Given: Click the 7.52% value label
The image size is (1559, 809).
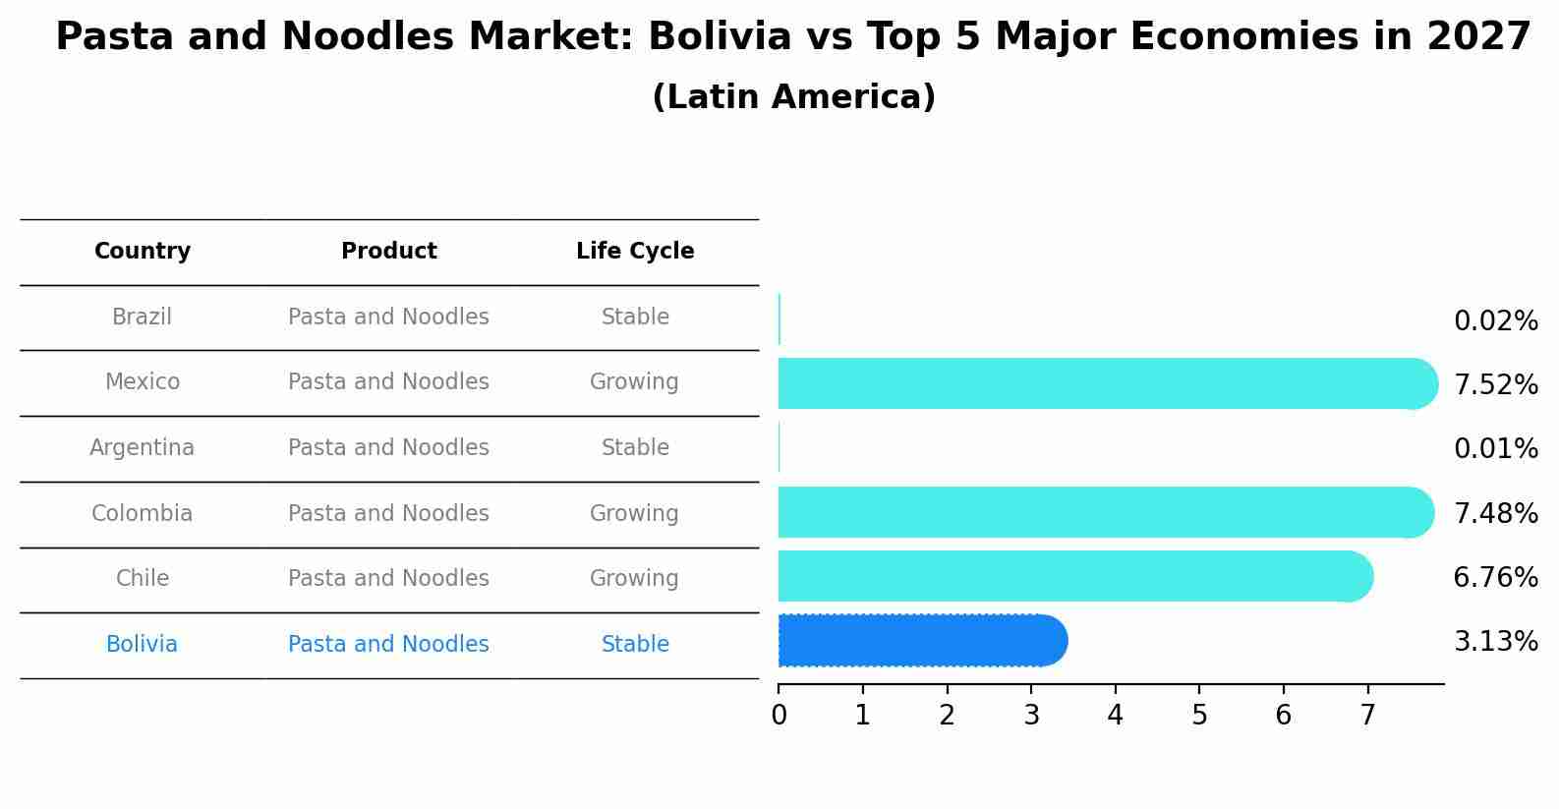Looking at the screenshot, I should pyautogui.click(x=1495, y=385).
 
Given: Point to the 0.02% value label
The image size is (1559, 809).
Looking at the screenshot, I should pyautogui.click(x=1495, y=321).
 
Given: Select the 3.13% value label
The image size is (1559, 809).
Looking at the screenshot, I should pyautogui.click(x=1495, y=642).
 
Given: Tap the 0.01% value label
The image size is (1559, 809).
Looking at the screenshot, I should pyautogui.click(x=1495, y=449).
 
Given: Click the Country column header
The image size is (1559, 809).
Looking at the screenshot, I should pyautogui.click(x=143, y=252).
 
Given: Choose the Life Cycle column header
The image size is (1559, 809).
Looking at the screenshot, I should pyautogui.click(x=635, y=252).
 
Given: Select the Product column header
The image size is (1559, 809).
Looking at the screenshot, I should pyautogui.click(x=389, y=252).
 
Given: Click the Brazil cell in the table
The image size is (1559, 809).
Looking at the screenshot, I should pyautogui.click(x=143, y=318).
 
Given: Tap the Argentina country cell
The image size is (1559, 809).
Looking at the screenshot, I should pyautogui.click(x=143, y=448).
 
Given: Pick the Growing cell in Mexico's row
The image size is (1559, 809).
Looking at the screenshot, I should pyautogui.click(x=634, y=382).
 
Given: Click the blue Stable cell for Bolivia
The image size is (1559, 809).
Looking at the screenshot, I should pyautogui.click(x=635, y=645).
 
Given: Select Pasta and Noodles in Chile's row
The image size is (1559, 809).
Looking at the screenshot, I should pyautogui.click(x=388, y=579).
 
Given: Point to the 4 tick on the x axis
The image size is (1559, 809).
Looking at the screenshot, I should pyautogui.click(x=1115, y=716).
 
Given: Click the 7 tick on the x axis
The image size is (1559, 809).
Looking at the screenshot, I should pyautogui.click(x=1367, y=716).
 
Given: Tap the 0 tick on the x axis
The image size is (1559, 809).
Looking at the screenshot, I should pyautogui.click(x=779, y=716).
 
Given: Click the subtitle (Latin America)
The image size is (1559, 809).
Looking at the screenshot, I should pyautogui.click(x=793, y=97).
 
